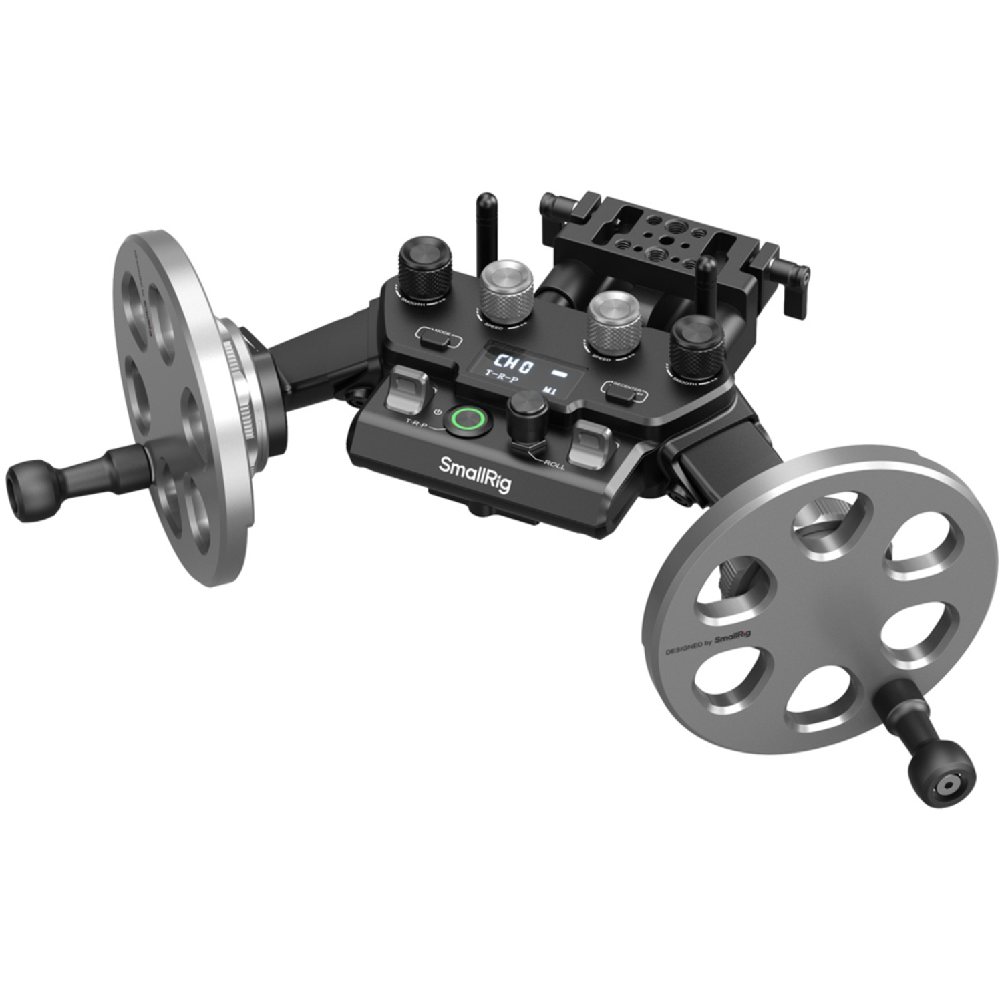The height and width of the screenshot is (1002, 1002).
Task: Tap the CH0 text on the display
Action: click(x=513, y=366)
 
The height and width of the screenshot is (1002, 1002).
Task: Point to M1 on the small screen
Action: click(x=549, y=390)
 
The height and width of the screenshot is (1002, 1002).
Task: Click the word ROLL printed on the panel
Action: click(x=554, y=464)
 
